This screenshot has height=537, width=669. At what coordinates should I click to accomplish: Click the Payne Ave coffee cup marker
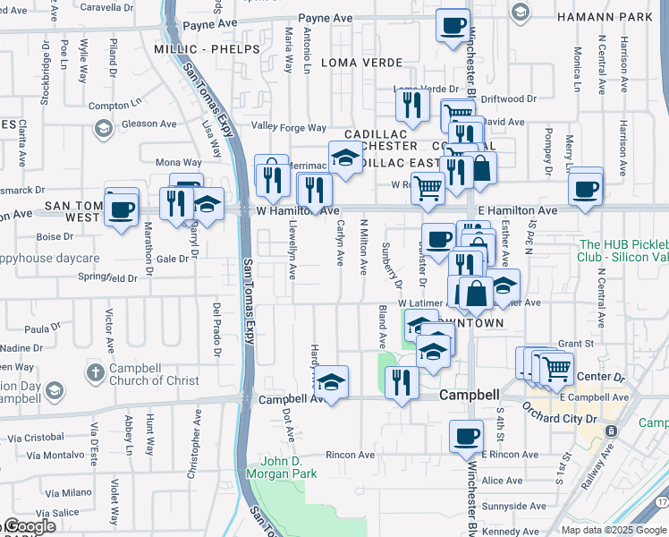[453, 24]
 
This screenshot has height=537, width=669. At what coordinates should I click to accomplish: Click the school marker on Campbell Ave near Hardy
[331, 383]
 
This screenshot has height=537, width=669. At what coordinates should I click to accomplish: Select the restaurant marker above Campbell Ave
[401, 382]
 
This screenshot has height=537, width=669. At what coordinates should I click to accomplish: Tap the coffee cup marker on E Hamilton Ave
[586, 189]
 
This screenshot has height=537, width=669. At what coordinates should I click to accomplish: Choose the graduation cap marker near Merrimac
[344, 158]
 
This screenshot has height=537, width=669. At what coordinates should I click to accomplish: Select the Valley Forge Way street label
[289, 128]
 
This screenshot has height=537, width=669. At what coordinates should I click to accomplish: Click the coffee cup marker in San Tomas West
[121, 210]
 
